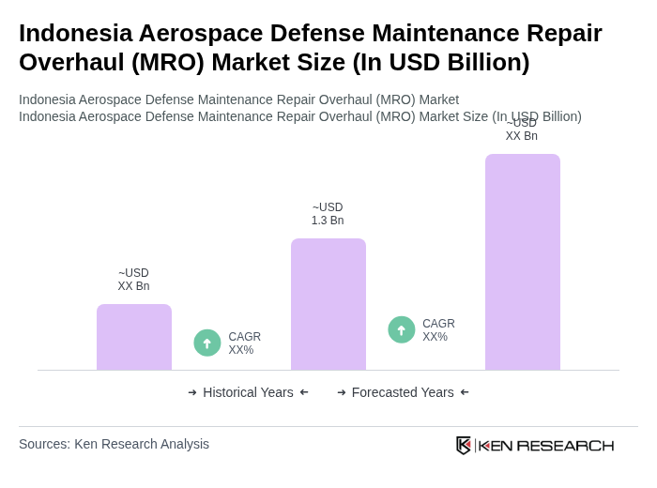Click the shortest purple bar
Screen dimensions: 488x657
pyautogui.click(x=134, y=337)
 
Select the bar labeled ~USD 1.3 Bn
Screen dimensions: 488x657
pyautogui.click(x=328, y=304)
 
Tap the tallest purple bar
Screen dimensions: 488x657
pyautogui.click(x=523, y=262)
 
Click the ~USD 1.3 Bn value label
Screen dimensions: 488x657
pyautogui.click(x=328, y=214)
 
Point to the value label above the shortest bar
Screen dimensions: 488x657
pyautogui.click(x=133, y=280)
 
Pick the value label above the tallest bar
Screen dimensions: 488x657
pyautogui.click(x=522, y=130)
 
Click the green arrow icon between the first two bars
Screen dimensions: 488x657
pyautogui.click(x=207, y=343)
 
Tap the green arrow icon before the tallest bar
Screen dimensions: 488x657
pyautogui.click(x=402, y=329)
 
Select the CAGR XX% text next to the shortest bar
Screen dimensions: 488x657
pyautogui.click(x=244, y=343)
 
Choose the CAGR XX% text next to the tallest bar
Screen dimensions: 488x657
pyautogui.click(x=438, y=330)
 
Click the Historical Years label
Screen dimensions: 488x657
pyautogui.click(x=248, y=392)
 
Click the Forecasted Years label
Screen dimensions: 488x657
pyautogui.click(x=403, y=392)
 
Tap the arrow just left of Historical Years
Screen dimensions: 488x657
pyautogui.click(x=192, y=392)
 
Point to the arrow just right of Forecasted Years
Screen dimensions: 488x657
pyautogui.click(x=465, y=392)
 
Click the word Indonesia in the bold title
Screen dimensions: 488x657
pyautogui.click(x=74, y=33)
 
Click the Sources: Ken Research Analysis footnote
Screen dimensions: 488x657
pyautogui.click(x=114, y=444)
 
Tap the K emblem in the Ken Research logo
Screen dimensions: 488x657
pyautogui.click(x=464, y=445)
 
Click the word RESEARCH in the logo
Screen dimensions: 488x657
pyautogui.click(x=565, y=445)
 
